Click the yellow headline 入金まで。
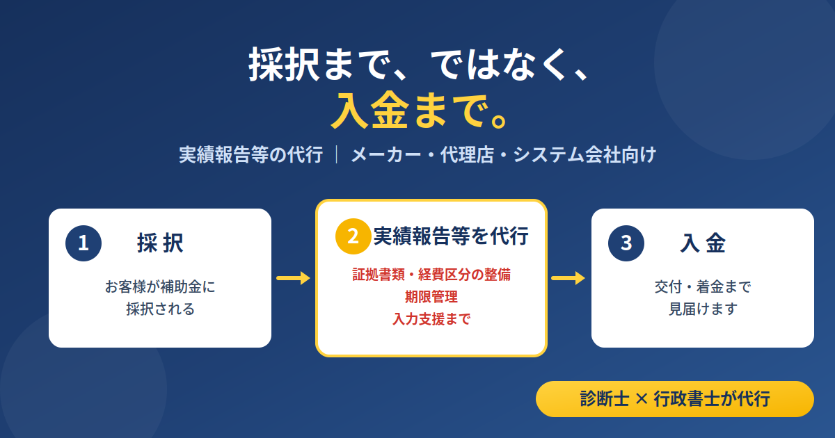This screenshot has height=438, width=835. click(x=419, y=111)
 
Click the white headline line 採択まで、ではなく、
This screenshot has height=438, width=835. click(x=419, y=64)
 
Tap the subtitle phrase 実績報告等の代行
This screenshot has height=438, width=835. click(x=251, y=154)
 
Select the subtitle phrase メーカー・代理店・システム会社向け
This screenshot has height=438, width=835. click(x=503, y=154)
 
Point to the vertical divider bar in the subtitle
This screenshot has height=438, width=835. click(x=337, y=154)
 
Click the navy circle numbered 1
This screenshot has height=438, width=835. click(x=83, y=243)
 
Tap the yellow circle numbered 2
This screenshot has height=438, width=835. click(x=353, y=236)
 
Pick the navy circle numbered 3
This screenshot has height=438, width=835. click(x=626, y=243)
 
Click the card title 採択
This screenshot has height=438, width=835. click(x=160, y=243)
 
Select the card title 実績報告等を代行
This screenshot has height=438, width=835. click(x=451, y=236)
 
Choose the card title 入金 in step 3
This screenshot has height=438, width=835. click(x=703, y=243)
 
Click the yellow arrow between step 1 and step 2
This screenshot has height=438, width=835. click(x=294, y=278)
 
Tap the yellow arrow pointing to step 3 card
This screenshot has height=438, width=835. click(x=568, y=278)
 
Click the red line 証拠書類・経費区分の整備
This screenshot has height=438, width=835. click(x=431, y=275)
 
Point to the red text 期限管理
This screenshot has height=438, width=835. click(x=431, y=297)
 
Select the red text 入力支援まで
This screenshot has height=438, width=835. click(x=431, y=319)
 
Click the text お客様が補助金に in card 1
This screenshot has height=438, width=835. click(x=160, y=286)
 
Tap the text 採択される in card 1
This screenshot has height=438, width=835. click(x=160, y=309)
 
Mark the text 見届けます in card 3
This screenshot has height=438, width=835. click(x=703, y=309)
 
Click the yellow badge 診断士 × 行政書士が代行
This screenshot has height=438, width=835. click(x=675, y=399)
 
